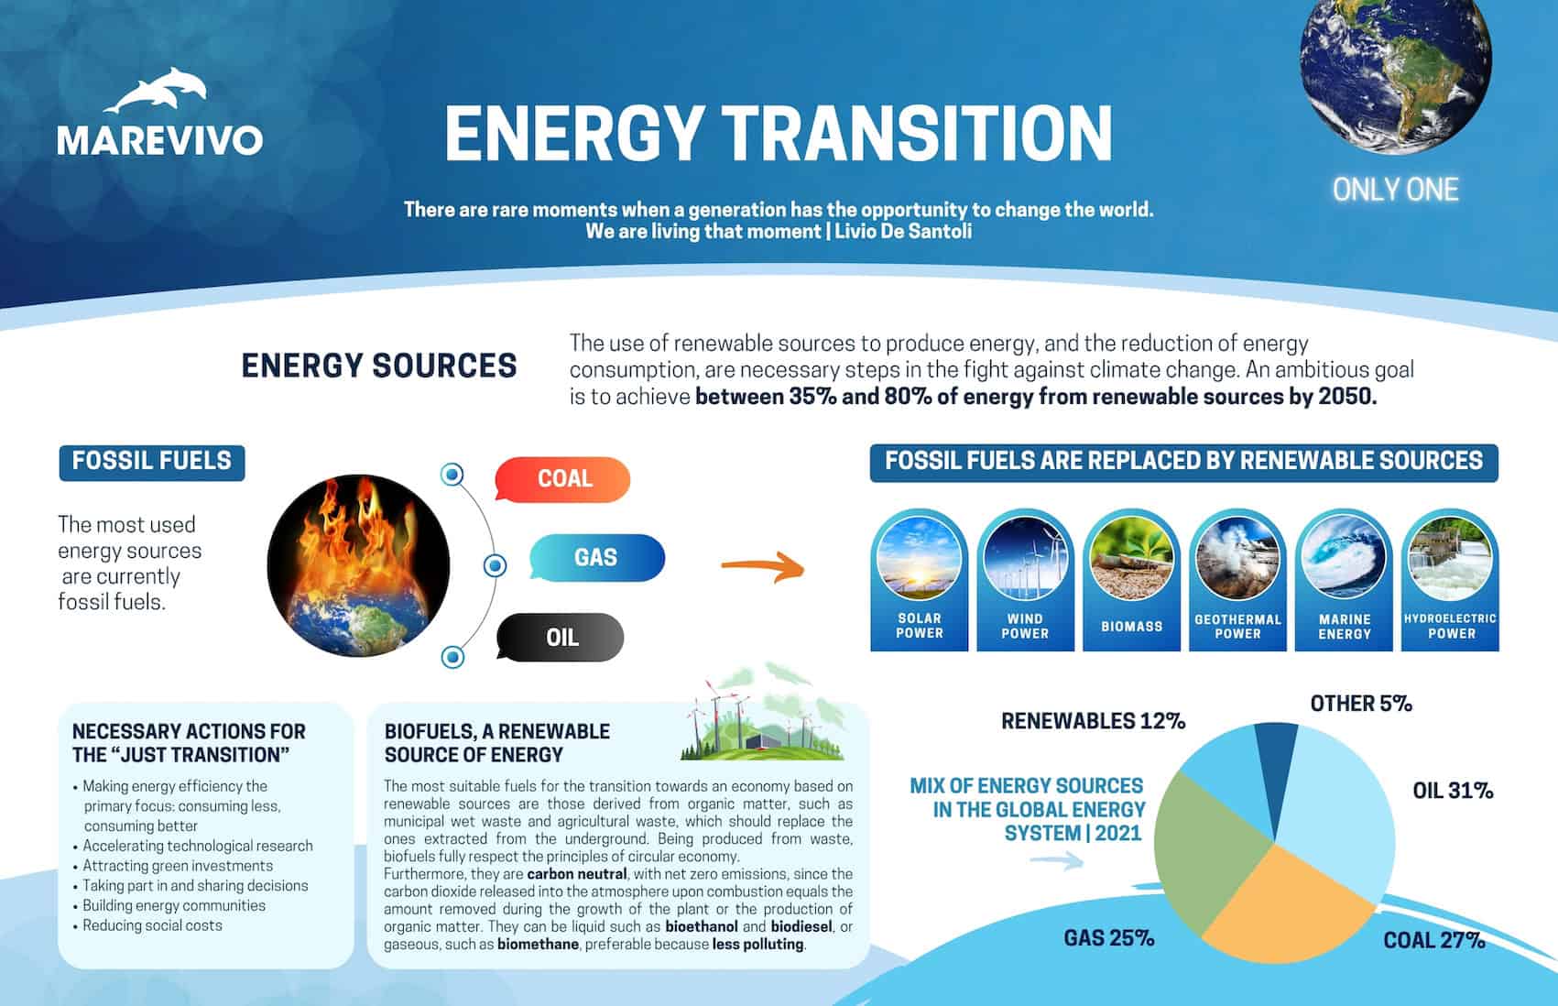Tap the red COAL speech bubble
[x=562, y=478]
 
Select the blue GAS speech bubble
[x=597, y=557]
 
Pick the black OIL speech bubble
[x=560, y=637]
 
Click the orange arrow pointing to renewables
[x=763, y=566]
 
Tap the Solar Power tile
[x=919, y=580]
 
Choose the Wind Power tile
[x=1025, y=580]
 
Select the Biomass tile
[x=1132, y=580]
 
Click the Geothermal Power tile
[x=1237, y=580]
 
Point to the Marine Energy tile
[x=1344, y=580]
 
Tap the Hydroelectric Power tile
[x=1450, y=580]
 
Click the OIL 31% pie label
[x=1453, y=791]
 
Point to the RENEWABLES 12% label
[x=1093, y=721]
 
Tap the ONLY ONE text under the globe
[x=1395, y=190]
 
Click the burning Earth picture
[x=358, y=565]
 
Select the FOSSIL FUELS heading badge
[x=152, y=463]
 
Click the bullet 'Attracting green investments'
[x=178, y=866]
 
